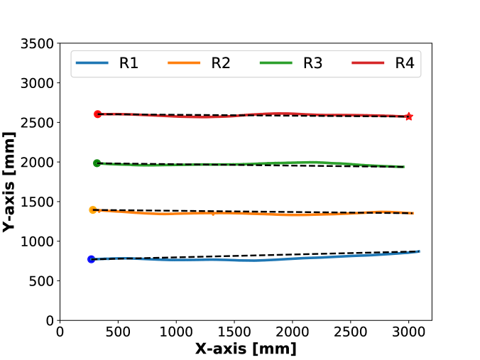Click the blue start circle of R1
pyautogui.click(x=91, y=259)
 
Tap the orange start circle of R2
pyautogui.click(x=92, y=209)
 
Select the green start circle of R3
pyautogui.click(x=97, y=163)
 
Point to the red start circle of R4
pyautogui.click(x=98, y=114)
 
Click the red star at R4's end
pyautogui.click(x=409, y=116)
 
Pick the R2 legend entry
pyautogui.click(x=200, y=63)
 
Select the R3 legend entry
pyautogui.click(x=292, y=63)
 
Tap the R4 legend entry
pyautogui.click(x=383, y=63)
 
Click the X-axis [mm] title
pyautogui.click(x=246, y=349)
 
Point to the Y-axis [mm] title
pyautogui.click(x=10, y=181)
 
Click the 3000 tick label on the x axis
pyautogui.click(x=408, y=332)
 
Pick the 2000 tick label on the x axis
pyautogui.click(x=292, y=332)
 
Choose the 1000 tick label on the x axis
pyautogui.click(x=176, y=332)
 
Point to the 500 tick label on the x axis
pyautogui.click(x=119, y=332)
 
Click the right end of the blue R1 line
pyautogui.click(x=419, y=251)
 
